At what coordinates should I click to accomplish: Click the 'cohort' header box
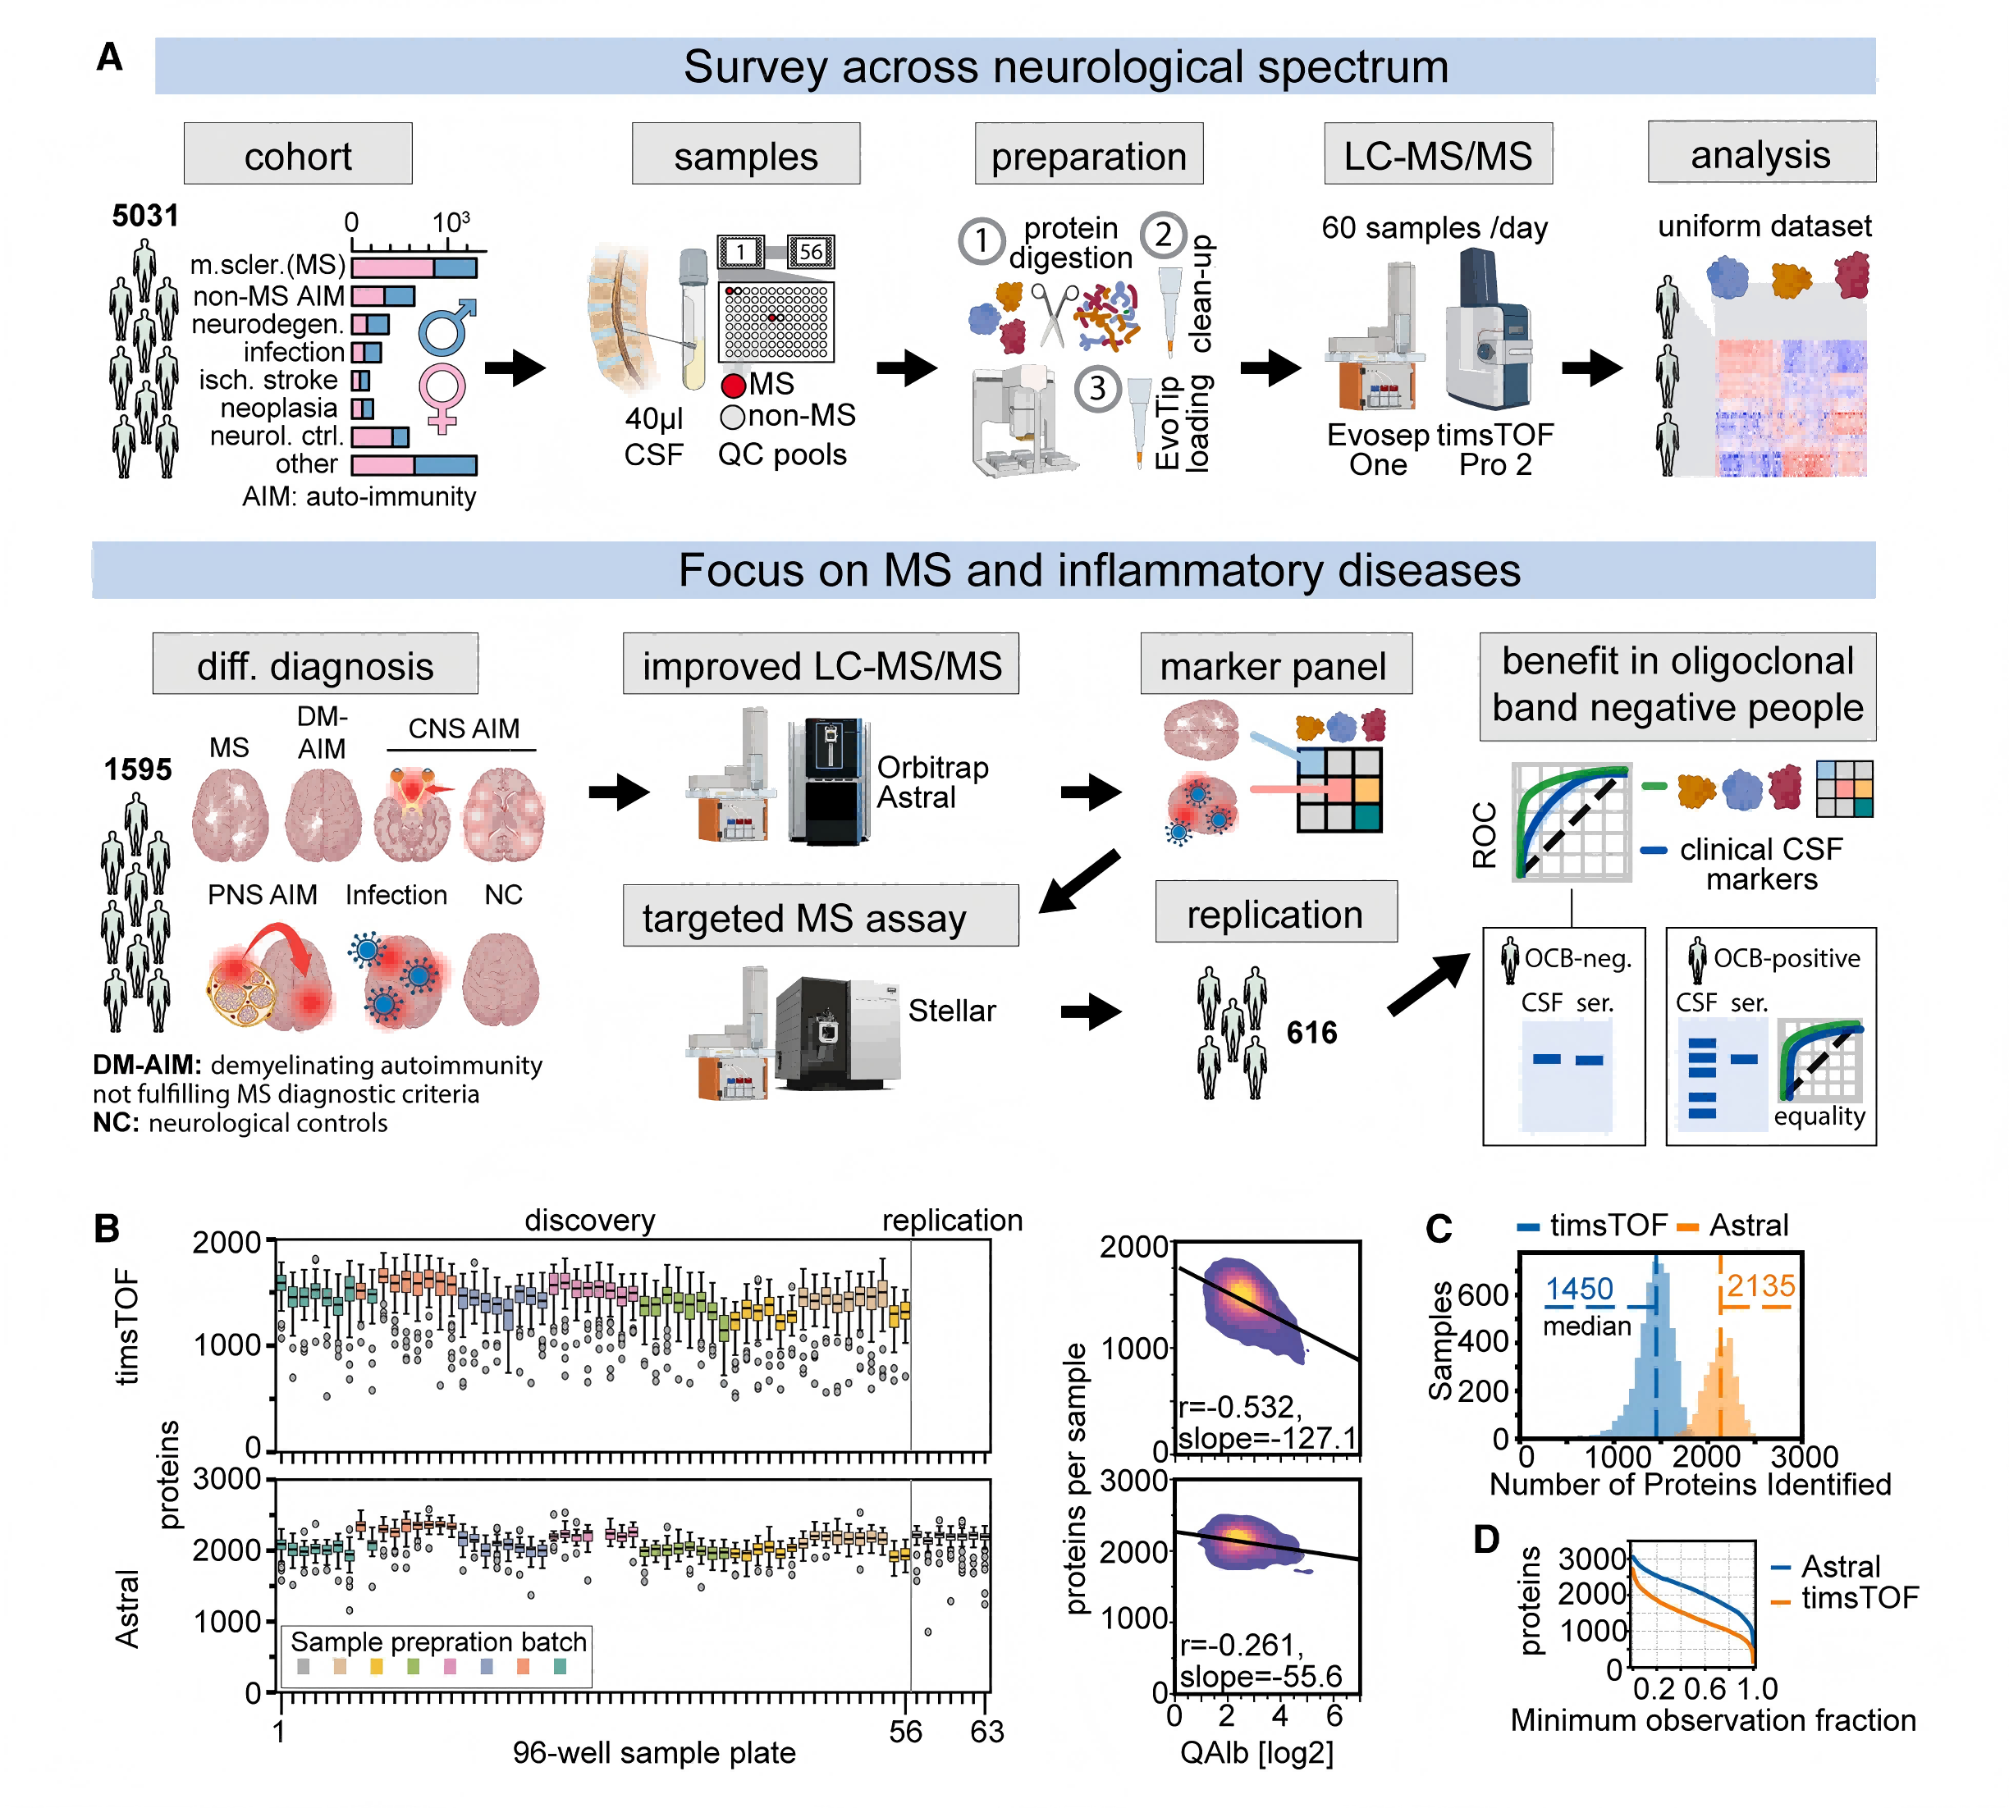(x=297, y=155)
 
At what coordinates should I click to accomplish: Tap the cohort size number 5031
(x=145, y=216)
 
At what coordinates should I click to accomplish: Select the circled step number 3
(x=1097, y=387)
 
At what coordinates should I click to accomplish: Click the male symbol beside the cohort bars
(x=445, y=328)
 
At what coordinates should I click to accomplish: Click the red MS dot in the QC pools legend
(x=733, y=386)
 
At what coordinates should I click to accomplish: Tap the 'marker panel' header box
(x=1275, y=664)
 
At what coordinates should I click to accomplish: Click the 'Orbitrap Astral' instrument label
(x=932, y=782)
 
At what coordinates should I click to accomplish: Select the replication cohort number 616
(x=1311, y=1032)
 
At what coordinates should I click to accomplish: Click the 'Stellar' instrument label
(x=951, y=1011)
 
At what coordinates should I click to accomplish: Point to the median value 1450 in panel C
(x=1579, y=1289)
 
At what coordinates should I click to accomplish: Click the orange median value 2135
(x=1760, y=1286)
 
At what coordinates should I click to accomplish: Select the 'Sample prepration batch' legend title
(x=438, y=1641)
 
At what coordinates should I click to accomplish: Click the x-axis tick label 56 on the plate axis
(x=905, y=1732)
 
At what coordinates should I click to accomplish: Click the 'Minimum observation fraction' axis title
(x=1712, y=1719)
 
